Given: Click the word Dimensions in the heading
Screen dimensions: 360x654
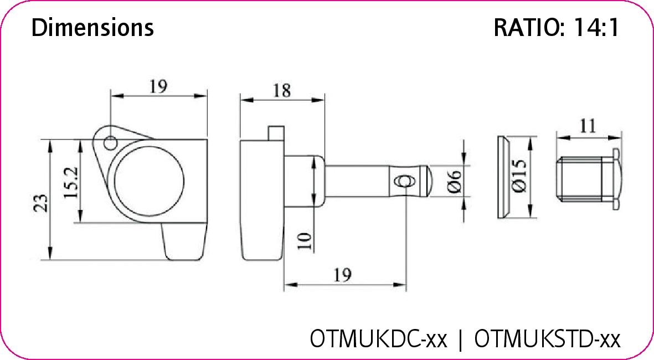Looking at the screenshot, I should [92, 28].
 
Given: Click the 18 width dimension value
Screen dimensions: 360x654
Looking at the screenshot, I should [281, 90].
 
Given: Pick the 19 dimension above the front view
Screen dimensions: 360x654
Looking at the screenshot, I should [158, 86].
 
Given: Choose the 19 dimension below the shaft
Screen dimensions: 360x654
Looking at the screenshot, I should [343, 275].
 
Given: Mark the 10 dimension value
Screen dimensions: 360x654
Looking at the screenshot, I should [305, 240].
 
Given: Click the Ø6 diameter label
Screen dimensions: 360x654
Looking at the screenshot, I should [454, 182].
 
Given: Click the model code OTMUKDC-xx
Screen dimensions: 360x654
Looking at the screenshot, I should [378, 338].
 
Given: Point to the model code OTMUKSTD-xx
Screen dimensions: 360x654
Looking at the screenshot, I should [547, 338].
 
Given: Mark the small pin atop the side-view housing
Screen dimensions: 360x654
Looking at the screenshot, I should [275, 133].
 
